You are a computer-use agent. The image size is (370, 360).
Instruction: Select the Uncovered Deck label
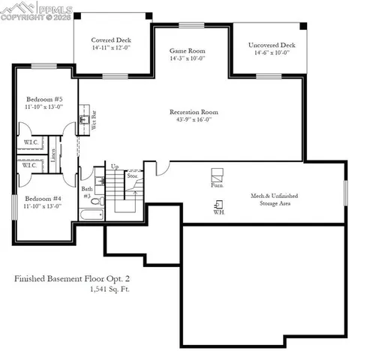pos(272,45)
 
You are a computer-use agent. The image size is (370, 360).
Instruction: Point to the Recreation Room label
pos(194,111)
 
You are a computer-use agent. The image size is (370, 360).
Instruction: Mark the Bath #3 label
pos(86,192)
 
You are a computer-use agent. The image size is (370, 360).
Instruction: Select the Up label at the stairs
pos(115,166)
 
